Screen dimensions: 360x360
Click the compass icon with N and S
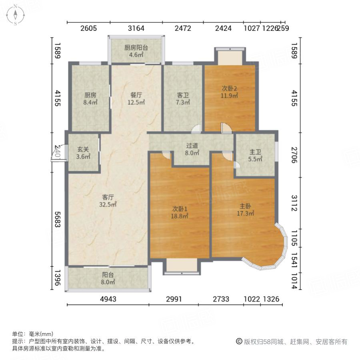click(x=15, y=15)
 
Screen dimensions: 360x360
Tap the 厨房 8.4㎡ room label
click(x=90, y=99)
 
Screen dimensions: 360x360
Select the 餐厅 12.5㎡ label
click(x=136, y=99)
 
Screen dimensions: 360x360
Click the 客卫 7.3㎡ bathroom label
click(x=183, y=99)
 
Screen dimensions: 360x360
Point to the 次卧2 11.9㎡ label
click(x=230, y=92)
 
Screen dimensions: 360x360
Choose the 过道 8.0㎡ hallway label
click(x=192, y=149)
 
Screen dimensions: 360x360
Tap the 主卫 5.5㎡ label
click(x=256, y=156)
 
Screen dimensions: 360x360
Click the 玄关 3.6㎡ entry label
click(x=83, y=153)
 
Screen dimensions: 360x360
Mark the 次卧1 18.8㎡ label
click(x=180, y=212)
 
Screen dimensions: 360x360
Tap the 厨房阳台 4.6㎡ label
click(x=136, y=51)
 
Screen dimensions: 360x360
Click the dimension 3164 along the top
click(x=136, y=28)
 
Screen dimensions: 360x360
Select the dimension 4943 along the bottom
click(x=108, y=299)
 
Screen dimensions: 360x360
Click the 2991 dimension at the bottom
click(x=173, y=299)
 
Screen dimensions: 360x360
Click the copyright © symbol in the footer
click(x=239, y=342)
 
